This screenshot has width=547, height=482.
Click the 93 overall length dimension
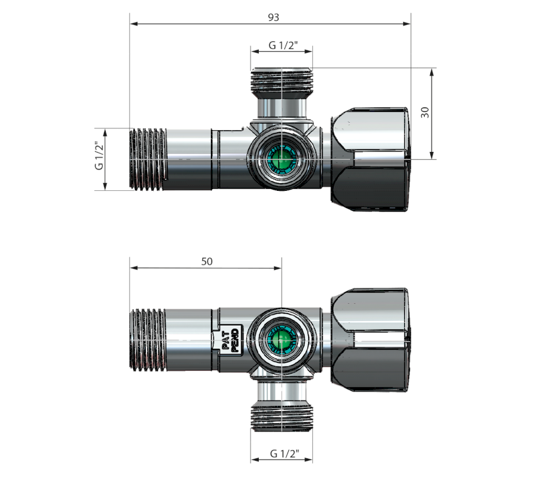click(273, 18)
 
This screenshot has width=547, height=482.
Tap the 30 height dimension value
click(425, 112)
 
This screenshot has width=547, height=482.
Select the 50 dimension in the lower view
click(207, 261)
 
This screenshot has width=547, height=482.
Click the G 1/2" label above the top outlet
click(283, 46)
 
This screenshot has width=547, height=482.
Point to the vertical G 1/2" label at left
click(100, 156)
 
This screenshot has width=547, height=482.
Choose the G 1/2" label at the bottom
click(284, 454)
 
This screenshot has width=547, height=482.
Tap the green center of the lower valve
click(281, 339)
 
